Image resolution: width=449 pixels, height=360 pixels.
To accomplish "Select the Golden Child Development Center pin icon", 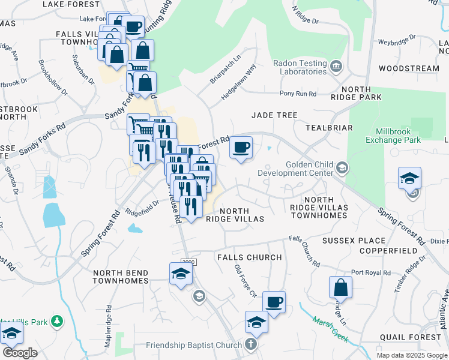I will (342, 166).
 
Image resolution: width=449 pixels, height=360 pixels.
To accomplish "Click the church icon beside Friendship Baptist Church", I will (252, 344).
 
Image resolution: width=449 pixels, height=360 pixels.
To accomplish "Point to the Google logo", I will (20, 352).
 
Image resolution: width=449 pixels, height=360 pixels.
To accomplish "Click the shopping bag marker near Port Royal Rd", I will (340, 287).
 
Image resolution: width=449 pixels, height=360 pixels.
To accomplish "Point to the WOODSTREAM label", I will (409, 68).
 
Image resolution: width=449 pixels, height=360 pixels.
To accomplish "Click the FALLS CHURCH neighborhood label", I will (249, 257).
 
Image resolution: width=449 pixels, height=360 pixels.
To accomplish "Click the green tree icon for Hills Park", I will (57, 322).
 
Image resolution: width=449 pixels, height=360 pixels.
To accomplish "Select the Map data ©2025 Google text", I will (411, 355).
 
